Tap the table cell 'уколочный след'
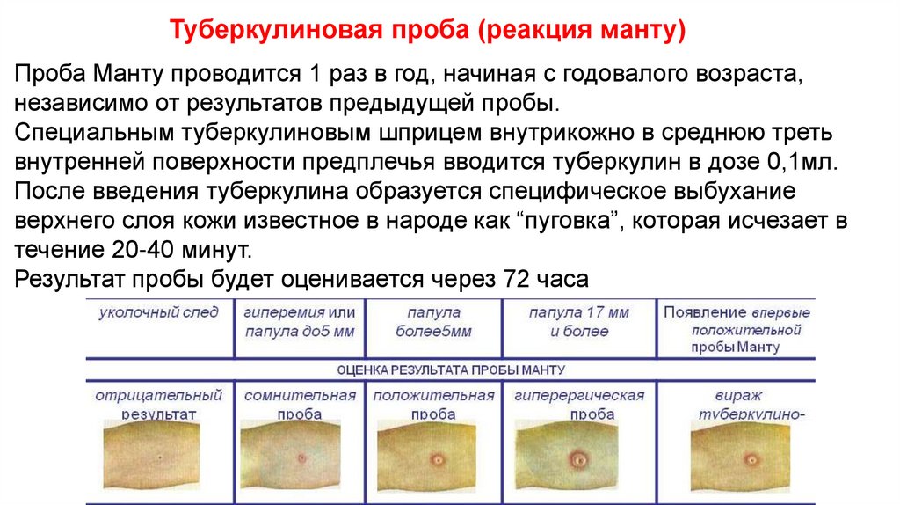pos(159,312)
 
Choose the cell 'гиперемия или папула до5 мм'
pos(299,322)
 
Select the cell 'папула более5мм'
pos(433,322)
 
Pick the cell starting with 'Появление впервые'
pos(736,329)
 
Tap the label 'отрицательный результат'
pos(159,404)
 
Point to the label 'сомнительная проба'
pos(299,404)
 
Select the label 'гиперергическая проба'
pos(579,404)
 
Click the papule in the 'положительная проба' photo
pos(437,458)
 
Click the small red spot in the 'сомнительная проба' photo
pos(301,457)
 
